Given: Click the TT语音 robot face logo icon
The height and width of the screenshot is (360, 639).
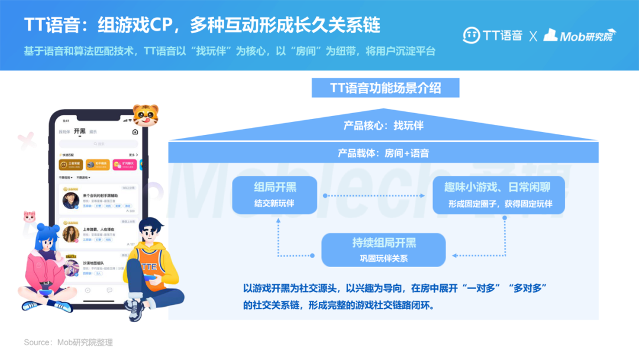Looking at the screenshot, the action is (x=471, y=35).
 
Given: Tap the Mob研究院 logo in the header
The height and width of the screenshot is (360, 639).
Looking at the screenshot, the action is (x=580, y=35).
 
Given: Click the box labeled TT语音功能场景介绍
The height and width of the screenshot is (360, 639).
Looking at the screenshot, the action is (x=385, y=88).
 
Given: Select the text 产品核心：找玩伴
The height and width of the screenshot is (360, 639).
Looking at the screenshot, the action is (x=383, y=126).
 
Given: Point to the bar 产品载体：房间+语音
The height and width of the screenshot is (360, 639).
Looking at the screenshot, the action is (x=383, y=153).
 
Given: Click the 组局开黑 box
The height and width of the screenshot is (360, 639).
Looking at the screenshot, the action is (x=275, y=195).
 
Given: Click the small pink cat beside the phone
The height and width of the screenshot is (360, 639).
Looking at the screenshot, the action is (x=29, y=216).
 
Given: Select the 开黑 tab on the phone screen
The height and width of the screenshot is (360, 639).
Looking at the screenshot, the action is (x=79, y=131).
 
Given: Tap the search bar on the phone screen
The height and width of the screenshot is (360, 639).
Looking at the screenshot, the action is (x=98, y=144).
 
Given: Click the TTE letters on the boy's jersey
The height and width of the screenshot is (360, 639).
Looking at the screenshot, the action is (x=149, y=266).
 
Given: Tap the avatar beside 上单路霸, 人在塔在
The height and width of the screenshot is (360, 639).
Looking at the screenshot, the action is (x=71, y=234).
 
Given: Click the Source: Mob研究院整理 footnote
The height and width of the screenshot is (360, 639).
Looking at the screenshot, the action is (x=68, y=342).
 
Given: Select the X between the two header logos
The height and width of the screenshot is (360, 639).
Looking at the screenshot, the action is (x=533, y=36).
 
